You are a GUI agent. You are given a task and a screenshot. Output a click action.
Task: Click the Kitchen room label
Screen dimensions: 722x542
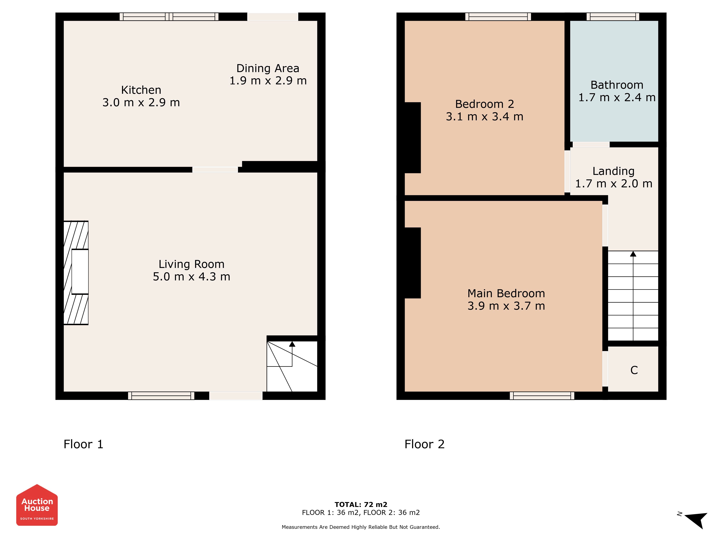141,90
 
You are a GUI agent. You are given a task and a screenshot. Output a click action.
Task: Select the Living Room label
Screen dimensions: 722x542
192,264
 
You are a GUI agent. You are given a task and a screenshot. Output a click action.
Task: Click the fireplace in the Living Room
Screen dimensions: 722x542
76,273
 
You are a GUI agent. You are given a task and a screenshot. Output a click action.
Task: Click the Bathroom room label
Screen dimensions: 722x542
617,85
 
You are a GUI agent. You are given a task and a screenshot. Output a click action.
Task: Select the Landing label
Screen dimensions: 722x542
614,171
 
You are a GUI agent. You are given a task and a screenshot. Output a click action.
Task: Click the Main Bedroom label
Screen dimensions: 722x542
506,293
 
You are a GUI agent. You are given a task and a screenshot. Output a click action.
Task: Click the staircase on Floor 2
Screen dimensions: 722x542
633,296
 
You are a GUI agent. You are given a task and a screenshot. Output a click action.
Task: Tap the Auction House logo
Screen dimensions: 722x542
37,505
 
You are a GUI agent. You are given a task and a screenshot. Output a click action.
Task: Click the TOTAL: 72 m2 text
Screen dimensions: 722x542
361,504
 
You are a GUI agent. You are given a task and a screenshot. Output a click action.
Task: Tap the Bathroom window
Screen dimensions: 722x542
613,17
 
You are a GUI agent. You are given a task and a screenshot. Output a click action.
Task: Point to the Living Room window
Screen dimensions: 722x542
161,396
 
